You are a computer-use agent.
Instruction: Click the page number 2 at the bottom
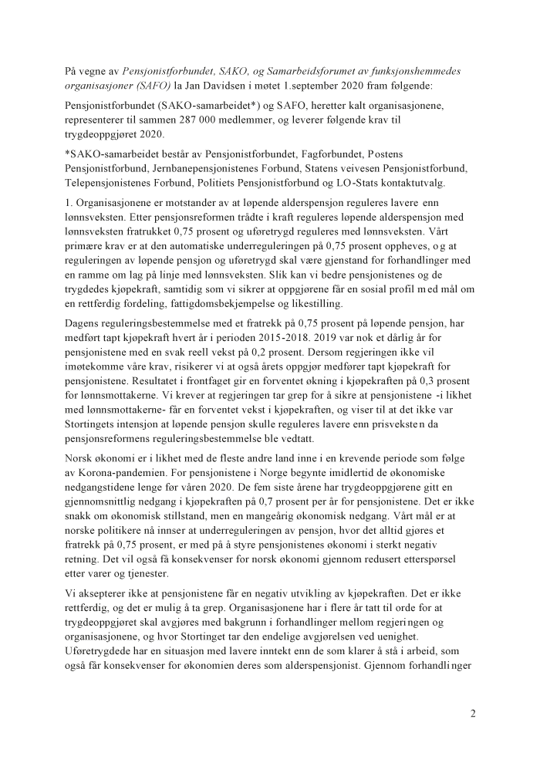(473, 714)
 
